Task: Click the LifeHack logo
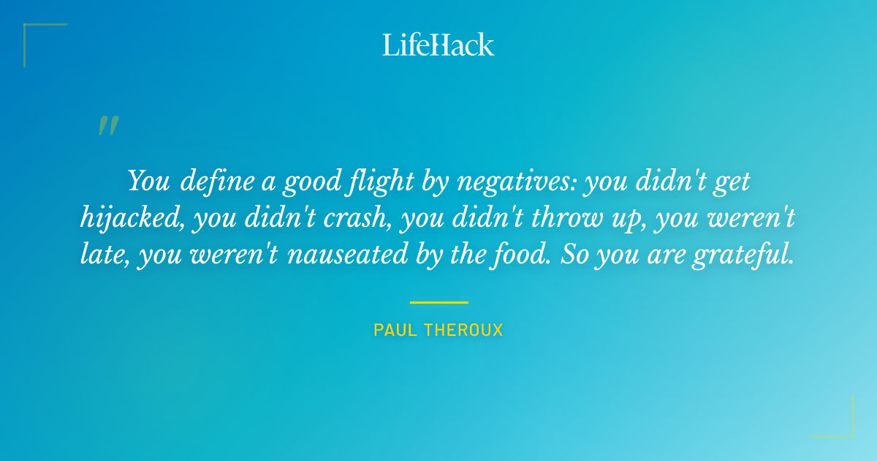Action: pos(438,45)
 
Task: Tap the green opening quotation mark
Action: pos(107,127)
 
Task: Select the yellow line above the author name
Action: pos(438,302)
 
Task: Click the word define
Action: pos(213,181)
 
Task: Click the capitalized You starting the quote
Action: pos(149,181)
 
